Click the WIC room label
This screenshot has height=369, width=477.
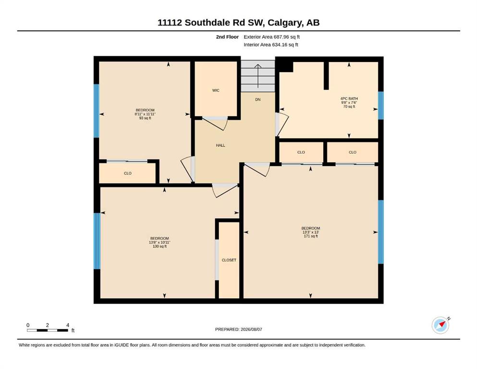click(216, 90)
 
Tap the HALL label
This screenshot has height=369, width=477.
click(220, 146)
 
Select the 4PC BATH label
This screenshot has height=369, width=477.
click(349, 98)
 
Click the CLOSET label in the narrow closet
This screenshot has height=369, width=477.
click(229, 260)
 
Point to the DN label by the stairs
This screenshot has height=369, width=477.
click(257, 99)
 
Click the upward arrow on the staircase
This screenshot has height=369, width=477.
click(258, 76)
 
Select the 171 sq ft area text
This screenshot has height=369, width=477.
click(311, 236)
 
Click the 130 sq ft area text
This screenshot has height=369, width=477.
click(159, 246)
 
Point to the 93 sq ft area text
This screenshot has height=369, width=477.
click(145, 118)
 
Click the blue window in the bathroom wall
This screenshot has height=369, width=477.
click(380, 105)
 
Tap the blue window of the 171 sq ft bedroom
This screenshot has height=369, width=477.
click(380, 232)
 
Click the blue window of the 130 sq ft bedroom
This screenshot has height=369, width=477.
click(97, 241)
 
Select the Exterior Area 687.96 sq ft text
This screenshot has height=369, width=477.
click(272, 37)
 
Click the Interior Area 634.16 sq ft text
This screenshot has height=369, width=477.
click(271, 45)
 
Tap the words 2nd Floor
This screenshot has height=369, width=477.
click(227, 37)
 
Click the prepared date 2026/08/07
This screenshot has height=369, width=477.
click(251, 329)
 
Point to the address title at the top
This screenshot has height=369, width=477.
click(238, 23)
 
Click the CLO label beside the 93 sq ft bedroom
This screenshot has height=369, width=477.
click(128, 173)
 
